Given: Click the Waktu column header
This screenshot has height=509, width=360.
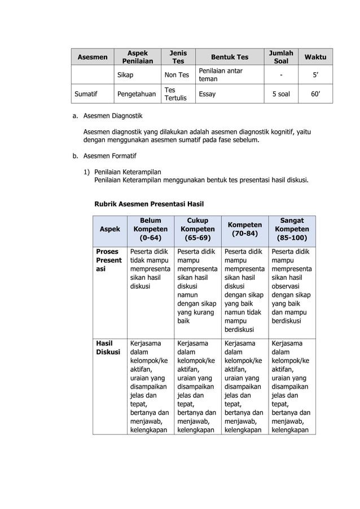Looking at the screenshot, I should pyautogui.click(x=315, y=57).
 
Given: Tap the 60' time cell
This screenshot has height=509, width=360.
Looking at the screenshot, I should pyautogui.click(x=315, y=94).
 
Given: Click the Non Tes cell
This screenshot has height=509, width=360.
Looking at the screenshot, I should pyautogui.click(x=176, y=74).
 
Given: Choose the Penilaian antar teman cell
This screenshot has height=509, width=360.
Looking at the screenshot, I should pyautogui.click(x=219, y=74).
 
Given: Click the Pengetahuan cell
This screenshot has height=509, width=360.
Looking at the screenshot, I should pyautogui.click(x=136, y=94).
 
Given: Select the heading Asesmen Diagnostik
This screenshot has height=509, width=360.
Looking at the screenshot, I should pyautogui.click(x=113, y=116).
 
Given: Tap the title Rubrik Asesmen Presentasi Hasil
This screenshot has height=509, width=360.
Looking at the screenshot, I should pyautogui.click(x=149, y=204).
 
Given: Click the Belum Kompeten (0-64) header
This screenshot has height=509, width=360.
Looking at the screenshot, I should pyautogui.click(x=150, y=230).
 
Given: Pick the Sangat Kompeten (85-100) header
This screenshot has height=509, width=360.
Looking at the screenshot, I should pyautogui.click(x=291, y=230).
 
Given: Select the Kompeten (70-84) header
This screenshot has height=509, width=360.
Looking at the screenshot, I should pyautogui.click(x=244, y=230).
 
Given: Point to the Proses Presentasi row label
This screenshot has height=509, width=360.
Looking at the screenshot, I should pyautogui.click(x=108, y=261).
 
